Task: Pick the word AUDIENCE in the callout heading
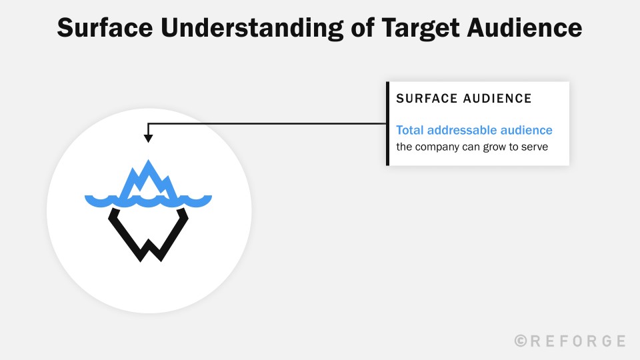497,99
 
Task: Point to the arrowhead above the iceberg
148,138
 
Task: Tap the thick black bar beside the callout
387,123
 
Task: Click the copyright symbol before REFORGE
521,341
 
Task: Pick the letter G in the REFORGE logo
603,341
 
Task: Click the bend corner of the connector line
148,123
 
